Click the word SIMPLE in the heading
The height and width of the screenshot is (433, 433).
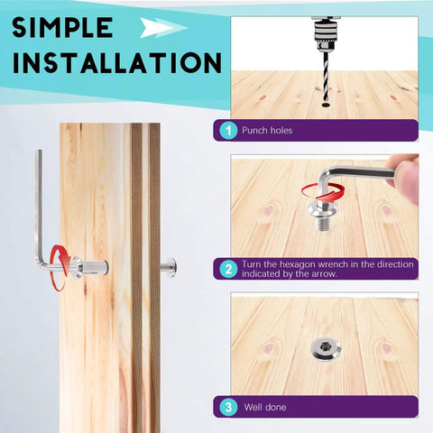(x=62, y=27)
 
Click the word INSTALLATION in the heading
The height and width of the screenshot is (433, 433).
(x=117, y=63)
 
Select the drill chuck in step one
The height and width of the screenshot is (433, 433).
(x=326, y=34)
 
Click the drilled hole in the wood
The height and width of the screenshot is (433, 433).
(x=326, y=105)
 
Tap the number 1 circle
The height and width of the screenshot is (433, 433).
(x=228, y=131)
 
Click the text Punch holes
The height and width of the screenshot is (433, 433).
(x=267, y=131)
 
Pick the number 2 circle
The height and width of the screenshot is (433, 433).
(x=228, y=269)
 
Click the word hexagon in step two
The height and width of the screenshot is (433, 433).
(x=298, y=264)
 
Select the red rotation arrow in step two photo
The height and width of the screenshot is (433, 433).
(x=323, y=192)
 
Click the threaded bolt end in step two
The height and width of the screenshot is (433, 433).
(x=323, y=224)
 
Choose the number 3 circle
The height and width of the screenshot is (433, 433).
(x=228, y=407)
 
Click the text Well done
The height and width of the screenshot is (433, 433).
(x=265, y=407)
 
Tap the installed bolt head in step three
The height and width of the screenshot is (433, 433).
(x=326, y=349)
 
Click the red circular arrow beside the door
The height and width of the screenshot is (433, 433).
(x=60, y=268)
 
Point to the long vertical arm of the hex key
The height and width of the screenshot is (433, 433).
(x=39, y=207)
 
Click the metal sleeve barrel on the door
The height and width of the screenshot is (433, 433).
(x=95, y=267)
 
